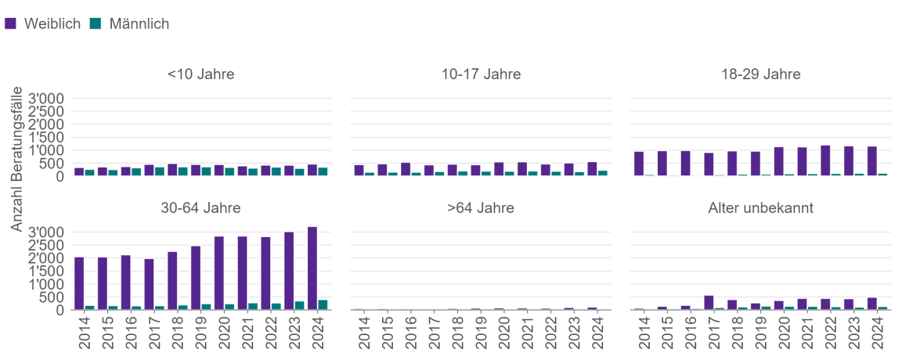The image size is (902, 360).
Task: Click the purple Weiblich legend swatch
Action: pos(11,23)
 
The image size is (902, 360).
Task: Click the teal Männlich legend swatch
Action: pos(96,23)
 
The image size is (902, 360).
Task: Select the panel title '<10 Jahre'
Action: pos(200,75)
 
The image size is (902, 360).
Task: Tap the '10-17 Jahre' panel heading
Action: pos(481,75)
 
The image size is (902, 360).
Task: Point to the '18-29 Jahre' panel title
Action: pos(761,75)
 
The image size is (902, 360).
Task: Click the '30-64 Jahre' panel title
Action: pos(200,208)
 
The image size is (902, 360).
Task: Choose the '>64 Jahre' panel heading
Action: pos(481,208)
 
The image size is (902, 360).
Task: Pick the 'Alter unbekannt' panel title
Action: pos(761,208)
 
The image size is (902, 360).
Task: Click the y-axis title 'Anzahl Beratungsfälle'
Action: pos(16,158)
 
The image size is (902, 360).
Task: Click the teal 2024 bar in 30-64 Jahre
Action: pos(323,304)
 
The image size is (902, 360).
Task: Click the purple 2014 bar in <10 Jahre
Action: pos(79,172)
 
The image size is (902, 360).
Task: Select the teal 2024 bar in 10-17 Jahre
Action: pos(603,173)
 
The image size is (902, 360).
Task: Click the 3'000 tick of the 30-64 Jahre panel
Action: pos(49,232)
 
